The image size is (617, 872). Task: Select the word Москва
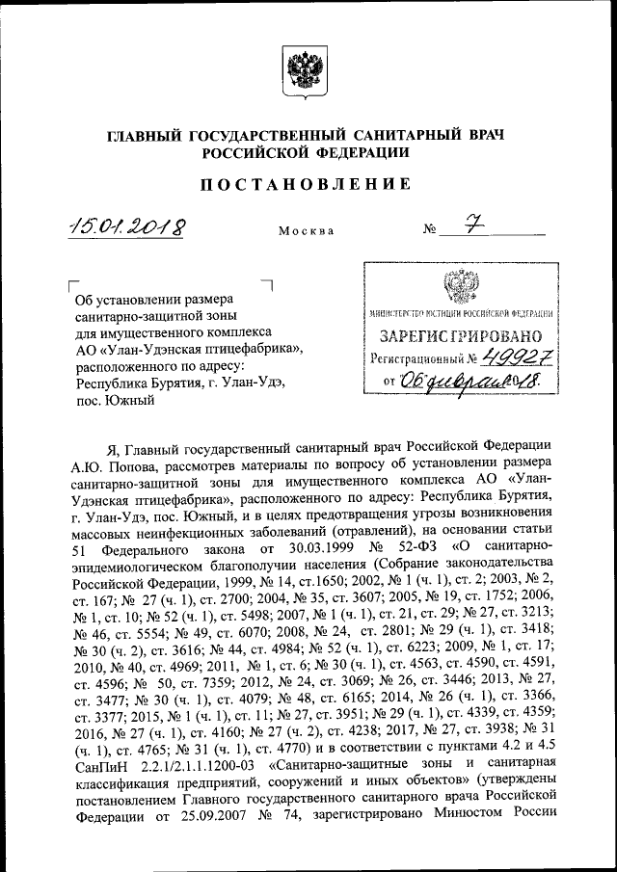coord(306,232)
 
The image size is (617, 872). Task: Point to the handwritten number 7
coord(472,226)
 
